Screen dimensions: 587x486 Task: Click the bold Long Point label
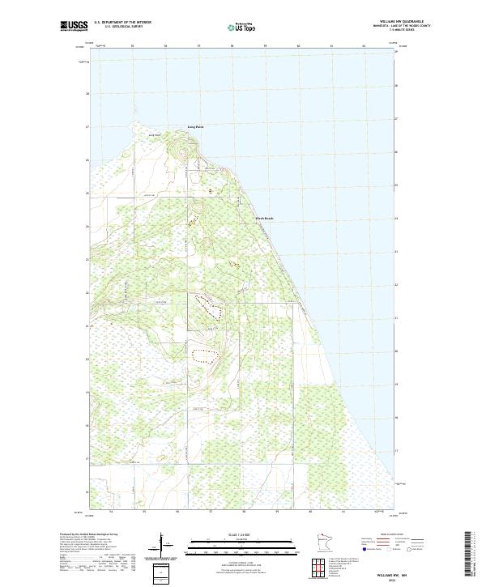[196, 127]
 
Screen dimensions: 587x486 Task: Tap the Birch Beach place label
[264, 218]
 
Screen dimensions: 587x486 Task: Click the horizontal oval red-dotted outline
[206, 353]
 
